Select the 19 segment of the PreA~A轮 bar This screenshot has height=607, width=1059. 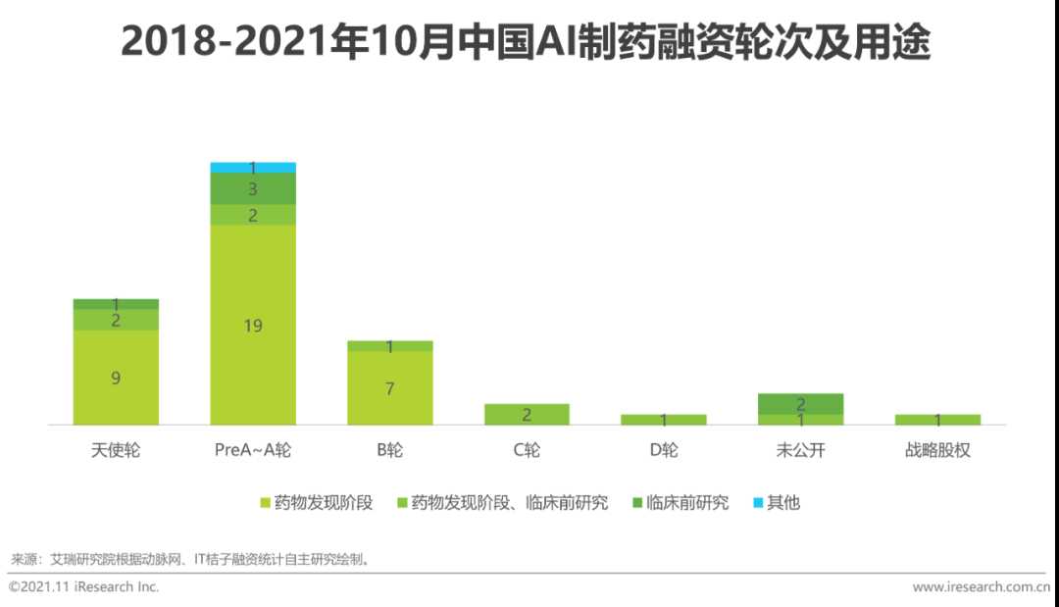coord(253,325)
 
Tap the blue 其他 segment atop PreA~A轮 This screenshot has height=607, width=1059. coord(253,168)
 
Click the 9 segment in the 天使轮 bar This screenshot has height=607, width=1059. coord(116,377)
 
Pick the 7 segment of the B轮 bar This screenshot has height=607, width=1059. coord(389,387)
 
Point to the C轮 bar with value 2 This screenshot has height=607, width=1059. coord(527,414)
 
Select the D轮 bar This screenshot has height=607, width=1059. coord(664,420)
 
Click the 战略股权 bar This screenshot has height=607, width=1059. coord(937,420)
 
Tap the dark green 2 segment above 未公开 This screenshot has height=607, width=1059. coord(800,403)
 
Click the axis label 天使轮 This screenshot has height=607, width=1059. coord(116,451)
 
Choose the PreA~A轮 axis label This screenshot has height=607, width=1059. coord(253,451)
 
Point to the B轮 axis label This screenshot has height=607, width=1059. coord(389,451)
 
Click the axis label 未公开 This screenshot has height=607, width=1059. coord(800,451)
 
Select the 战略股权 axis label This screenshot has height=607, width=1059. coord(937,451)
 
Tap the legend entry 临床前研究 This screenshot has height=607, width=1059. coord(686,503)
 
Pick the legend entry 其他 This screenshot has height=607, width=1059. coord(782,503)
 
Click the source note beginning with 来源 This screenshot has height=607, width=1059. coord(191,560)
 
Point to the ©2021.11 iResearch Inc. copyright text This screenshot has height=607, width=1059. coord(84,586)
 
